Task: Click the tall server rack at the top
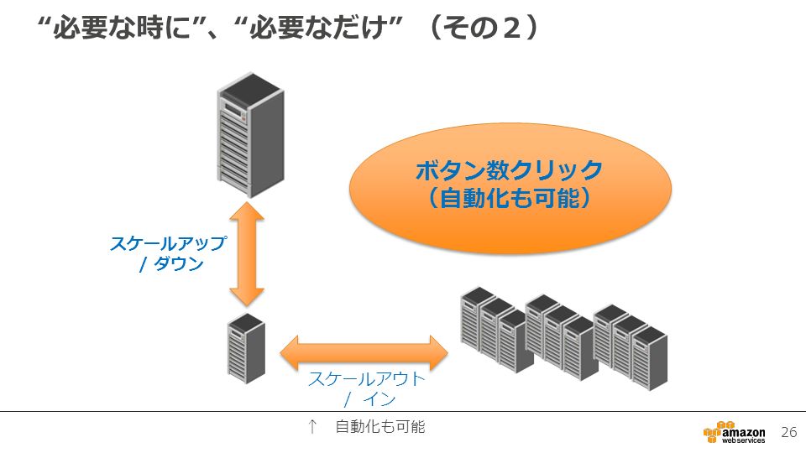click(250, 134)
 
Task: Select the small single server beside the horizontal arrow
click(247, 348)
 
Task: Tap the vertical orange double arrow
click(247, 254)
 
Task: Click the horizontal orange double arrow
click(364, 353)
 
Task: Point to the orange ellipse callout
click(510, 188)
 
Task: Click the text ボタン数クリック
click(510, 170)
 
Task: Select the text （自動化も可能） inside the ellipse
click(510, 198)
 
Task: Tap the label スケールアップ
click(169, 243)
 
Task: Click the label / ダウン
click(172, 264)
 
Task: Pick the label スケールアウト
click(367, 379)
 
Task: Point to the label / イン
click(370, 399)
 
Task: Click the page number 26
click(789, 432)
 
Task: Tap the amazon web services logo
click(734, 433)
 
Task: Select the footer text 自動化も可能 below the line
click(380, 427)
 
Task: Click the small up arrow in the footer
click(312, 427)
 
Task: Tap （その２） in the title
click(484, 27)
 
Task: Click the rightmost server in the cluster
click(650, 358)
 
